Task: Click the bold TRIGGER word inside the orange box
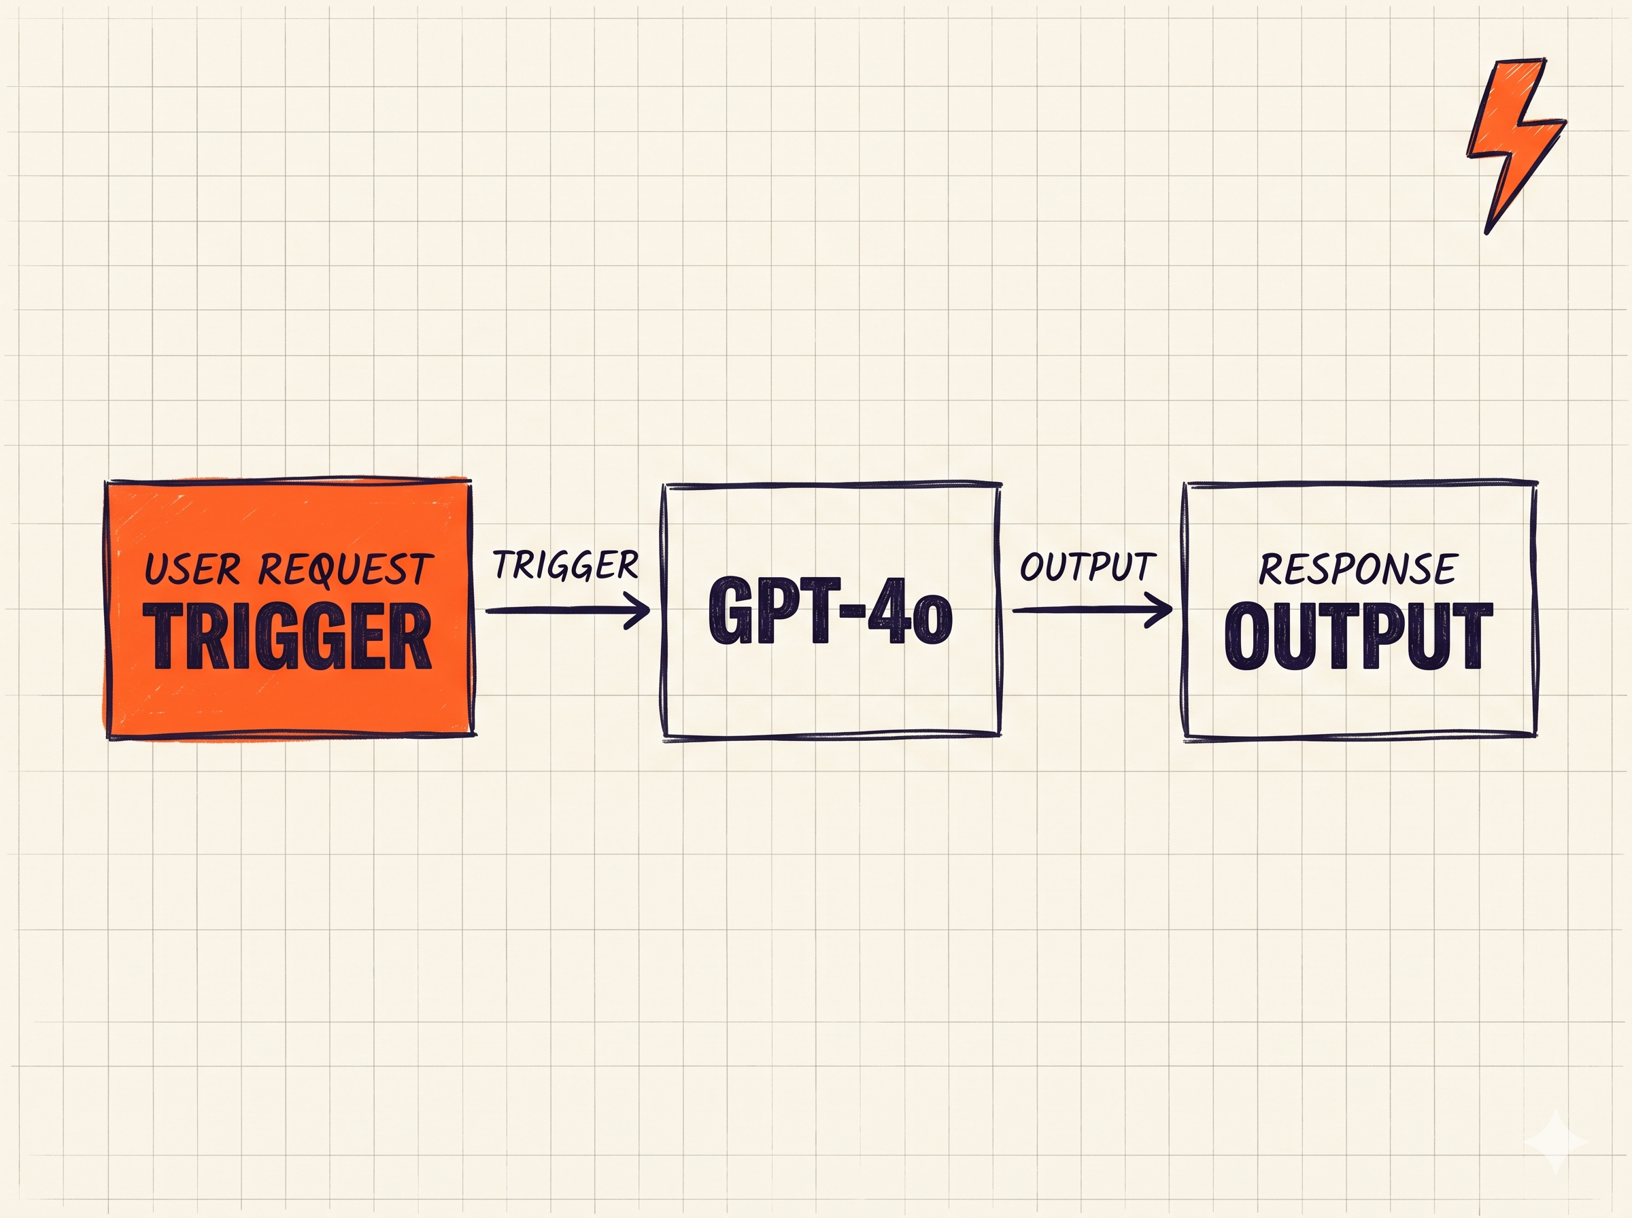(288, 636)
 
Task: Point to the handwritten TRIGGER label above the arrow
(566, 565)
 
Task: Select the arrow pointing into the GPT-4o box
(568, 610)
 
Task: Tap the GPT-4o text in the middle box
(830, 610)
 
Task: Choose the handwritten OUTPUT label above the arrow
(1088, 566)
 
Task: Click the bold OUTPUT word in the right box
(1359, 636)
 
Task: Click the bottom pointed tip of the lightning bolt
(1486, 233)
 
